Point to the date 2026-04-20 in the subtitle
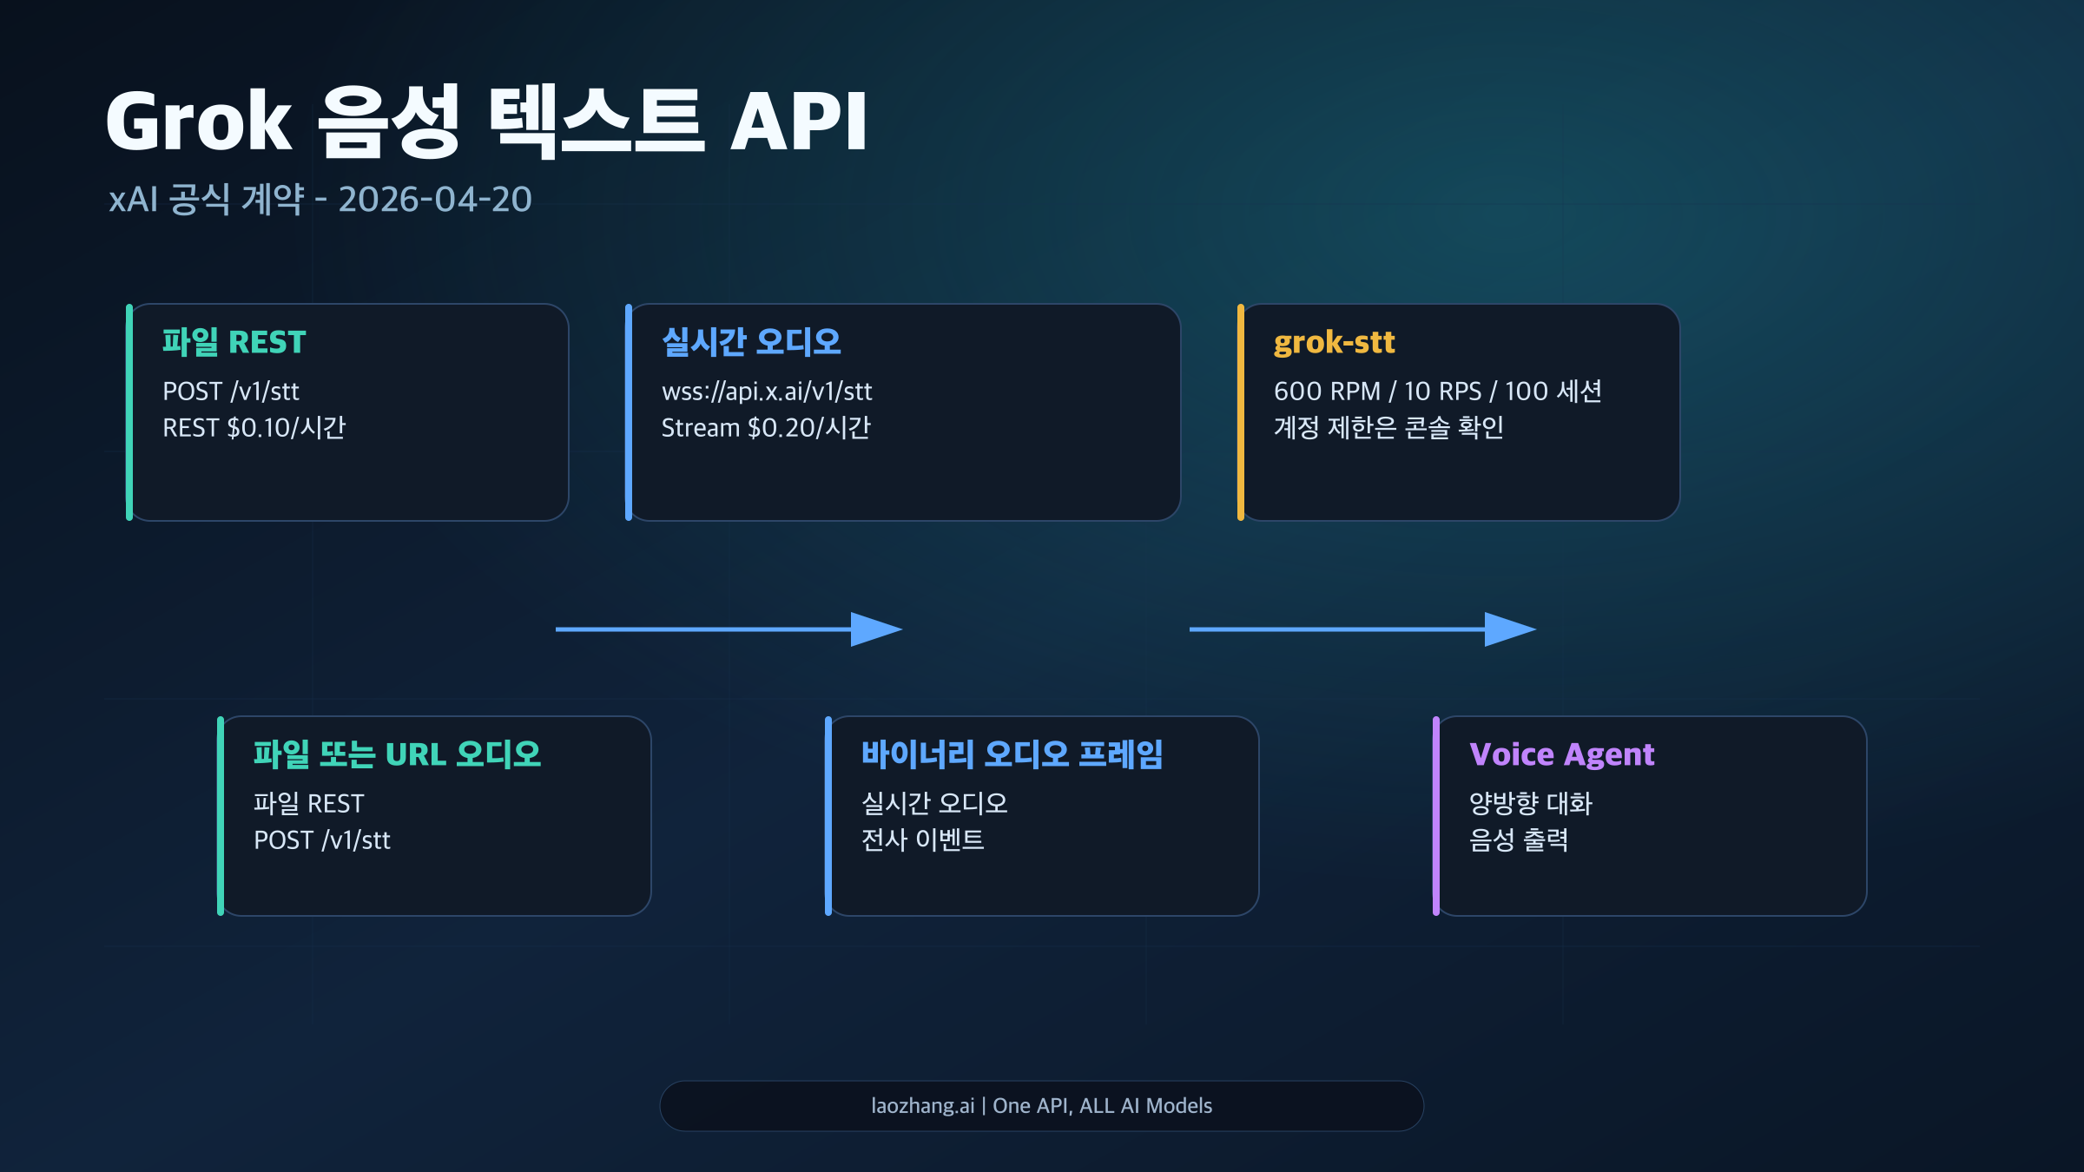tap(434, 200)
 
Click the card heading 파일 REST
tap(234, 342)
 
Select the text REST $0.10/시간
tap(254, 428)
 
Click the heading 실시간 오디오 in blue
tap(751, 342)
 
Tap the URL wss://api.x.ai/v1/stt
tap(766, 392)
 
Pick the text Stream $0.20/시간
tap(765, 428)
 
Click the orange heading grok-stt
tap(1334, 342)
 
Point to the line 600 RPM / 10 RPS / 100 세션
tap(1437, 392)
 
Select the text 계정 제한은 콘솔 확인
tap(1388, 428)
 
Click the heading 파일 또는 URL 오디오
tap(397, 754)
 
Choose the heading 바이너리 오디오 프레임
tap(1012, 754)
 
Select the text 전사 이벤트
tap(922, 840)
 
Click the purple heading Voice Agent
tap(1561, 754)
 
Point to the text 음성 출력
tap(1518, 840)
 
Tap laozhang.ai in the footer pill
tap(922, 1106)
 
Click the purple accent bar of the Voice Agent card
tap(1436, 816)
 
